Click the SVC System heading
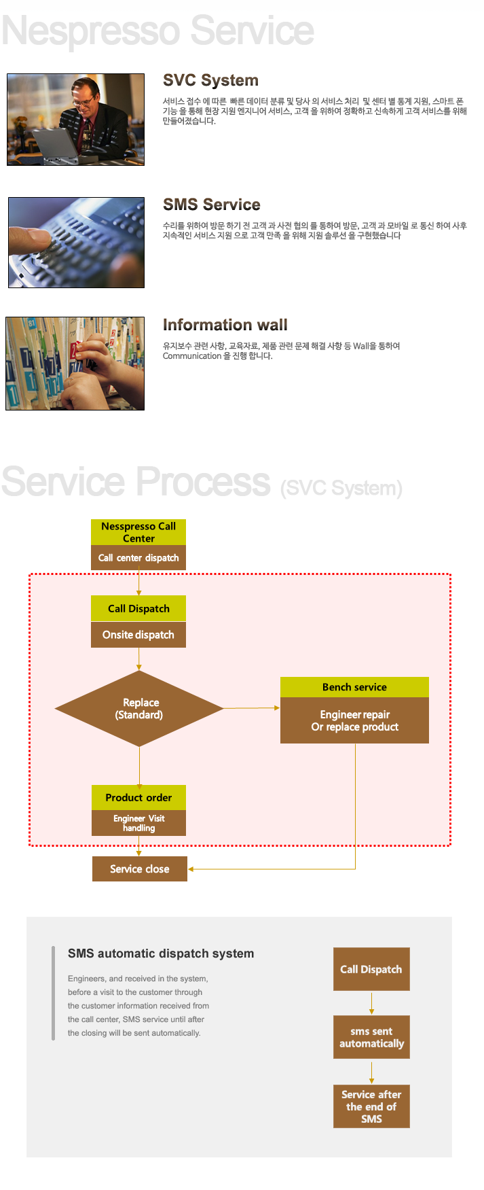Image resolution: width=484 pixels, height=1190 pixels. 210,80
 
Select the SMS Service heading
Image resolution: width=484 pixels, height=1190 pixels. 211,205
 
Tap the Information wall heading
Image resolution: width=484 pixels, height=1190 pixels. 225,325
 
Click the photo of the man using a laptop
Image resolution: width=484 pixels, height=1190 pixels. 75,120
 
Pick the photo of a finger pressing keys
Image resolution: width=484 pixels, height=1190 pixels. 76,243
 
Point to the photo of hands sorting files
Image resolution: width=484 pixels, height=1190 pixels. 75,364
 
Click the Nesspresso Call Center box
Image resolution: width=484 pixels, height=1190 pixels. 138,532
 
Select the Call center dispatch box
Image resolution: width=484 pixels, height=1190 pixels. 138,558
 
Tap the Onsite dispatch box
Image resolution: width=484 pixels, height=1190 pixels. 138,635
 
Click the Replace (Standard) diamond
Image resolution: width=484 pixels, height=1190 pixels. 139,709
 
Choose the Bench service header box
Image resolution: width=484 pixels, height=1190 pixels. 354,687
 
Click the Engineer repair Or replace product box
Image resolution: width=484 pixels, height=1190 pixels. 354,720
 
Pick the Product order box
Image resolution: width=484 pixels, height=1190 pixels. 138,797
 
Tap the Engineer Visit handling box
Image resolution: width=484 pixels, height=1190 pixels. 138,823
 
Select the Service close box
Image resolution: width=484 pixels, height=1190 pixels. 139,869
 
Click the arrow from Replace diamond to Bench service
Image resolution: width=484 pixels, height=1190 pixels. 251,708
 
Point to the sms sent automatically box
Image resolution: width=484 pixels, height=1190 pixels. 371,1037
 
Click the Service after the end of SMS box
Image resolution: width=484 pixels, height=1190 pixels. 371,1106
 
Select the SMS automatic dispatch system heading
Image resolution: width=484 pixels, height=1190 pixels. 161,953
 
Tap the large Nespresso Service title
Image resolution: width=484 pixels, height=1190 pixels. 157,31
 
